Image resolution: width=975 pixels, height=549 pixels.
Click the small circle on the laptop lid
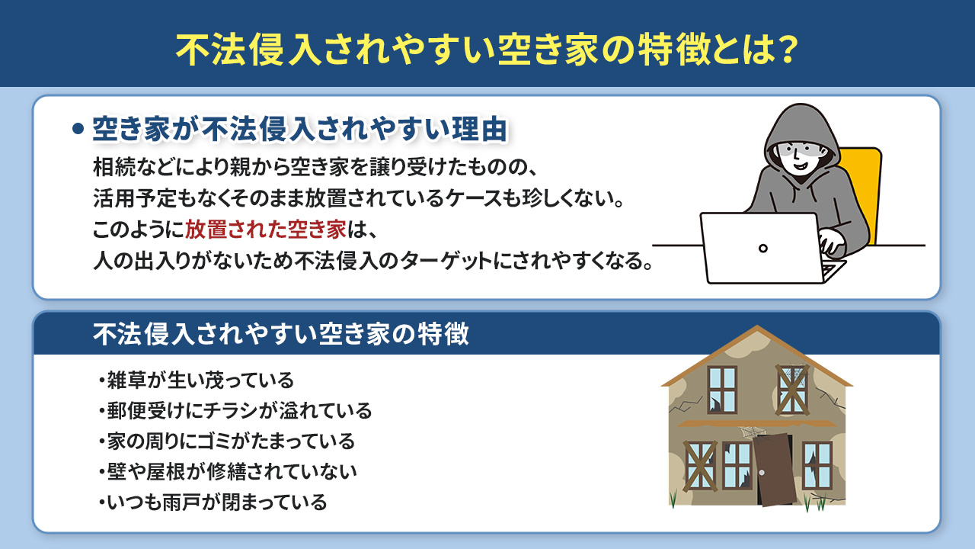pos(763,248)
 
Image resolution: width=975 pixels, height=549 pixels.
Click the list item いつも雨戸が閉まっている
pos(216,502)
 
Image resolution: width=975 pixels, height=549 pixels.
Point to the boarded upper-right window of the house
pos(793,389)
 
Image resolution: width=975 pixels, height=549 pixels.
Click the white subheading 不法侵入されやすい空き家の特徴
pos(280,334)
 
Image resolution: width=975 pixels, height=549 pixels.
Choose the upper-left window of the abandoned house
pos(721,389)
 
